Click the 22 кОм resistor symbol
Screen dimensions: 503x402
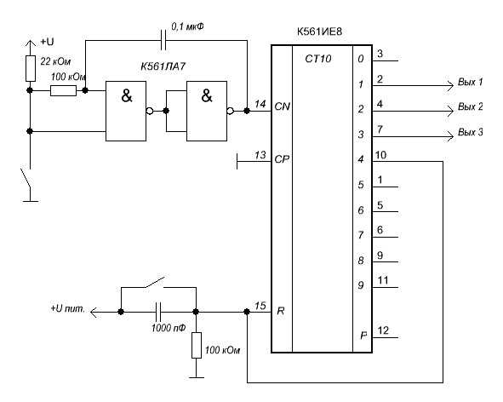pyautogui.click(x=31, y=68)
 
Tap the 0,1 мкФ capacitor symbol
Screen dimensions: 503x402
pyautogui.click(x=163, y=40)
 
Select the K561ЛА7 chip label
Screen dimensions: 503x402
pyautogui.click(x=163, y=66)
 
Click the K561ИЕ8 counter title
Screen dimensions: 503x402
pyautogui.click(x=319, y=32)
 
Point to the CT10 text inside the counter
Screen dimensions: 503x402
pyautogui.click(x=318, y=59)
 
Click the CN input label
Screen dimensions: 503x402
pyautogui.click(x=283, y=106)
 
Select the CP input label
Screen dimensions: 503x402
pyautogui.click(x=282, y=159)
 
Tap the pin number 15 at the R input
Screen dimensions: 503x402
pyautogui.click(x=260, y=306)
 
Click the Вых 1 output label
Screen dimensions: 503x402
pyautogui.click(x=471, y=82)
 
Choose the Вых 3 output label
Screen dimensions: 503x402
pyautogui.click(x=471, y=132)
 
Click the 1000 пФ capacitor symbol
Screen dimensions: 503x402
pyautogui.click(x=158, y=312)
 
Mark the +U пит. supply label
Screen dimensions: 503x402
pyautogui.click(x=68, y=309)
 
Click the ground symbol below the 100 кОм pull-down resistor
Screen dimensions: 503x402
pyautogui.click(x=197, y=377)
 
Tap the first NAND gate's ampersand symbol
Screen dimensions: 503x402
pyautogui.click(x=127, y=95)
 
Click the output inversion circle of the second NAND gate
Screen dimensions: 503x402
pyautogui.click(x=231, y=111)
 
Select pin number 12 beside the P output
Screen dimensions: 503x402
pyautogui.click(x=383, y=330)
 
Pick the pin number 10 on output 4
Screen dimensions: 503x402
pyautogui.click(x=380, y=155)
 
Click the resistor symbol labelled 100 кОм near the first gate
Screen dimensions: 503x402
pyautogui.click(x=63, y=90)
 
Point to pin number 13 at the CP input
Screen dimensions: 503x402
pyautogui.click(x=260, y=155)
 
